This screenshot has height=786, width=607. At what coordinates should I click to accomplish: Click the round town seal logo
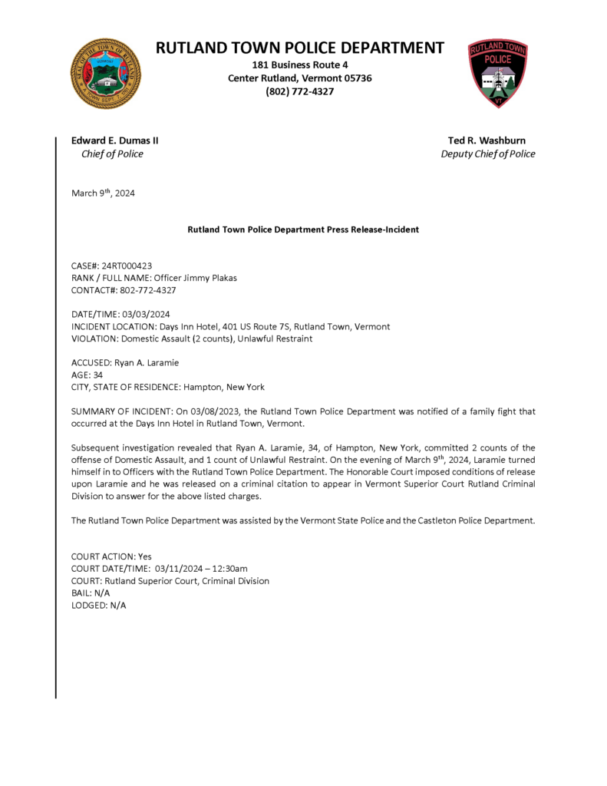pos(106,74)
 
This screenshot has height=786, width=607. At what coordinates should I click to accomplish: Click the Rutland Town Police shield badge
pos(497,74)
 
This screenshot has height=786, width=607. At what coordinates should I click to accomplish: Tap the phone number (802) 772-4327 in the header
pos(299,92)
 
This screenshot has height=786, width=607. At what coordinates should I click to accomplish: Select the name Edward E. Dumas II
pos(115,140)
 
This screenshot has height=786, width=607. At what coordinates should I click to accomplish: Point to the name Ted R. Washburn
pos(487,140)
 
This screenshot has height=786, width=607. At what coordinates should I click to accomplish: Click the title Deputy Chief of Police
pos(488,154)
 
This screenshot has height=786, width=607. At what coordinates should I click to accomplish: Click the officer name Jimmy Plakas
pos(206,278)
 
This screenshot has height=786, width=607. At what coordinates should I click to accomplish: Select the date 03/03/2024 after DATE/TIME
pos(146,314)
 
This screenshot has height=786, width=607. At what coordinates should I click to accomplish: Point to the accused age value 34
pos(97,375)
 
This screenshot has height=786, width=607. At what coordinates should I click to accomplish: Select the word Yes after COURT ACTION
pos(144,556)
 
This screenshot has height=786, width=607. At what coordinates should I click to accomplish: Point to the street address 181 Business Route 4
pos(299,65)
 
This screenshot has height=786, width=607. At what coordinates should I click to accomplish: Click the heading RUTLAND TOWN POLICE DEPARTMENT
pos(299,48)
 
